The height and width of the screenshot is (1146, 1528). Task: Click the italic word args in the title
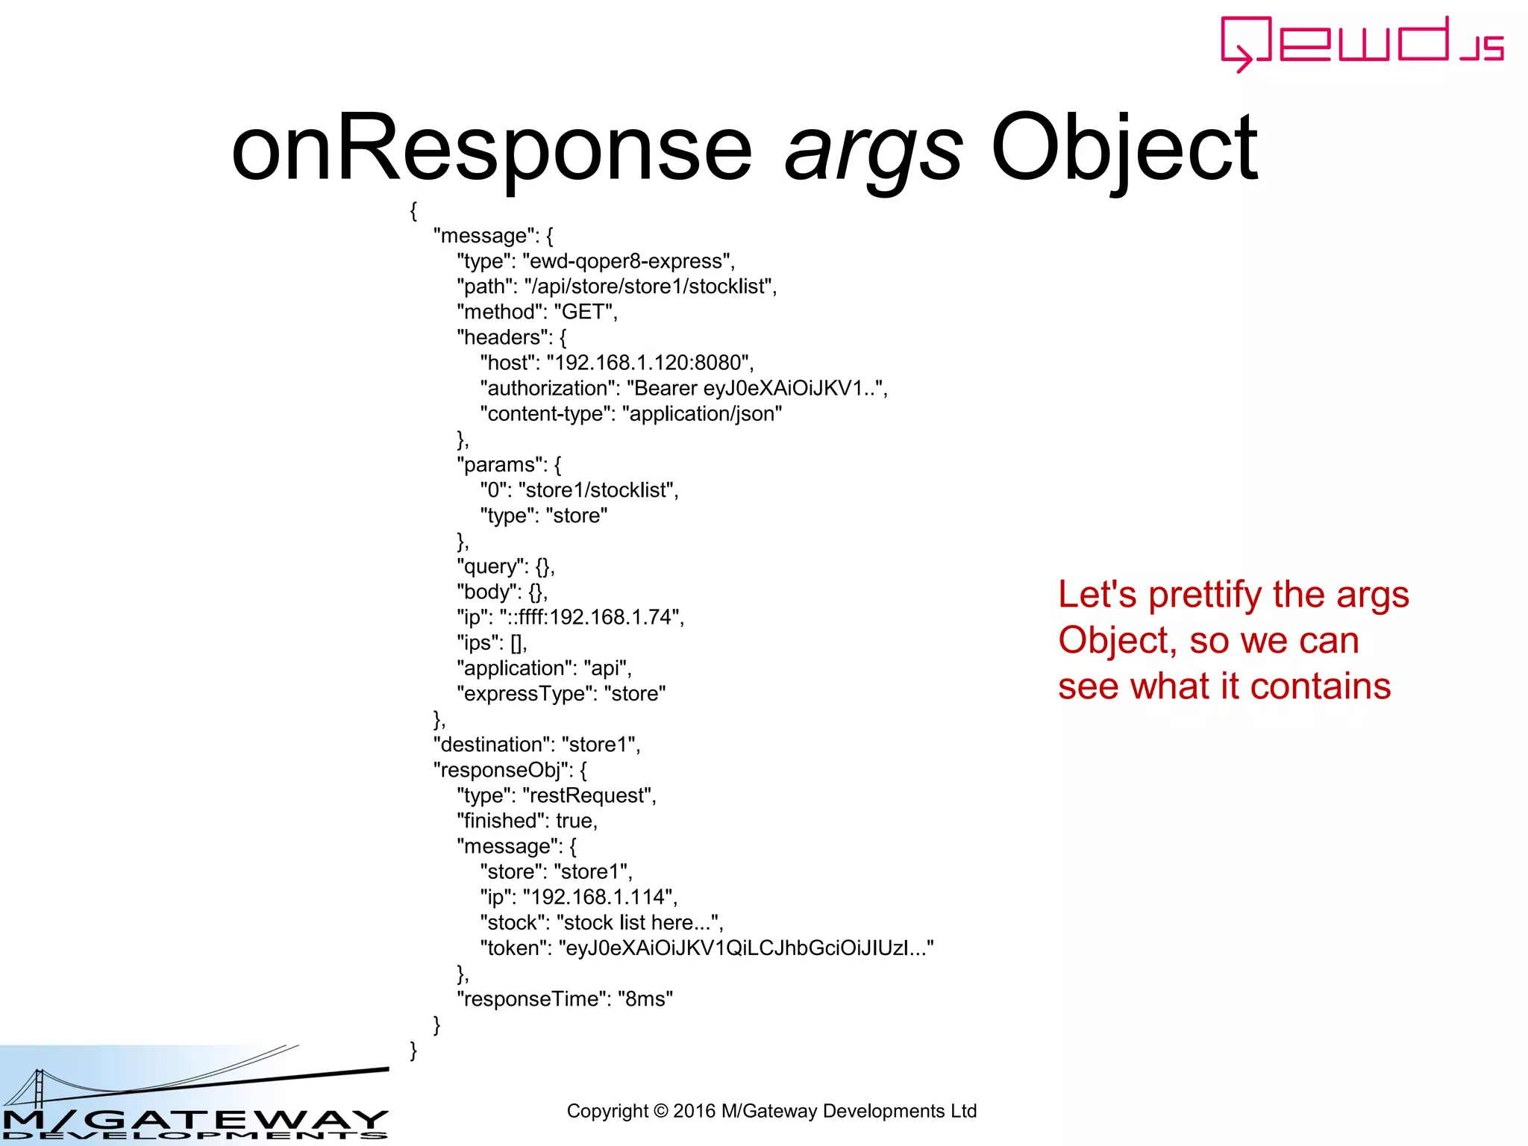[873, 149]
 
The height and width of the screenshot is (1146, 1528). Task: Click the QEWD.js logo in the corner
[1361, 44]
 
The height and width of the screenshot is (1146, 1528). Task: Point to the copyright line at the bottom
[771, 1111]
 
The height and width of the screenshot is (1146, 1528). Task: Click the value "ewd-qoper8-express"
[628, 261]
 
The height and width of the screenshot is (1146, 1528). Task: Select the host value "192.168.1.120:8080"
[647, 363]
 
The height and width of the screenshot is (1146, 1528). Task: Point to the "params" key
[501, 465]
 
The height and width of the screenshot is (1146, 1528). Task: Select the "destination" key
[492, 745]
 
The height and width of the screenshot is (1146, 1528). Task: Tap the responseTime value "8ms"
[645, 999]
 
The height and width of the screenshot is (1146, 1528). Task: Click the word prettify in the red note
[1205, 595]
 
